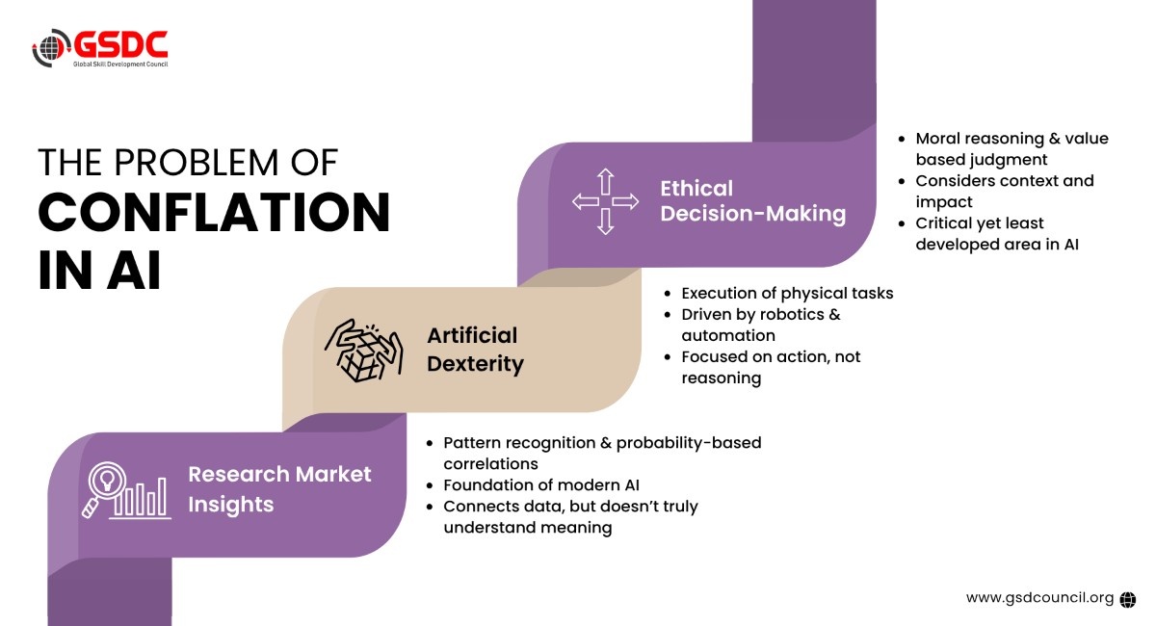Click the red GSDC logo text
tap(120, 44)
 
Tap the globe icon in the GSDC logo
tap(51, 48)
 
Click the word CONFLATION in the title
tap(214, 212)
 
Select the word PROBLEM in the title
tap(197, 163)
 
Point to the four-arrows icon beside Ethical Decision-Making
tap(605, 201)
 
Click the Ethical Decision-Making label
tap(753, 201)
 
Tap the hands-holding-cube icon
tap(364, 351)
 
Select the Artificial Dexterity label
tap(475, 350)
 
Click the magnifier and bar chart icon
tap(126, 490)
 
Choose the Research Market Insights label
tap(279, 488)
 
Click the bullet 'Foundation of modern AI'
tap(540, 485)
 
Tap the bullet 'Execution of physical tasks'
tap(787, 293)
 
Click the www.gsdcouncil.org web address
tap(1039, 598)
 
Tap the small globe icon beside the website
tap(1128, 599)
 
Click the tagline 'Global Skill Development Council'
tap(120, 64)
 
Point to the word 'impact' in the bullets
tap(944, 202)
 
